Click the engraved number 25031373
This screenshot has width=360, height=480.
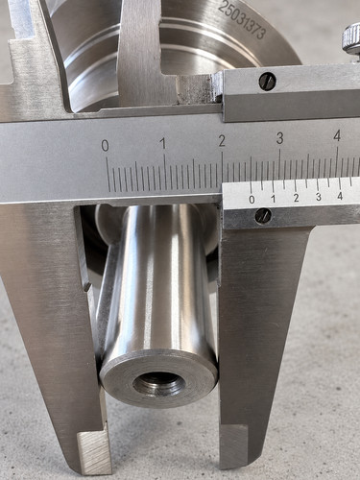click(242, 20)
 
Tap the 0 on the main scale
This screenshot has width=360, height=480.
click(105, 146)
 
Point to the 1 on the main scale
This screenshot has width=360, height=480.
click(163, 143)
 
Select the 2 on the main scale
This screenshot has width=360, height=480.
click(222, 141)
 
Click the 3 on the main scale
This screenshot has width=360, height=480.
click(280, 138)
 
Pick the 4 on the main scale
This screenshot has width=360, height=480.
click(337, 136)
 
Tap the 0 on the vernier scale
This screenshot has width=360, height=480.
click(252, 200)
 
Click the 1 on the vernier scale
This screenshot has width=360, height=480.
click(274, 199)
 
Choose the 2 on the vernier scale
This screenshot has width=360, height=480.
click(296, 198)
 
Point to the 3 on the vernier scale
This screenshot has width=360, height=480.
click(319, 197)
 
